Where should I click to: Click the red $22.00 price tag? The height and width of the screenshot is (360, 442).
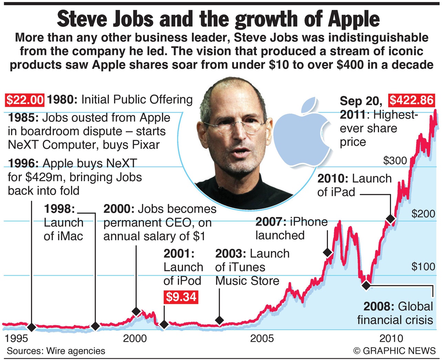point(25,100)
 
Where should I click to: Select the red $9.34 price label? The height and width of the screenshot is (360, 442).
point(181,297)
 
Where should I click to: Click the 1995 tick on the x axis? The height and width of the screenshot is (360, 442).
point(16,338)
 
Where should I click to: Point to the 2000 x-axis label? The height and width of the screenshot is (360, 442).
point(135,338)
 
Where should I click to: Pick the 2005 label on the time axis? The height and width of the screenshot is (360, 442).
point(262,338)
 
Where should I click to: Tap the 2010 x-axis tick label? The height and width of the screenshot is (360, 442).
point(391,338)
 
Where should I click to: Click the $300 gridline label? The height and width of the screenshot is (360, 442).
point(395,160)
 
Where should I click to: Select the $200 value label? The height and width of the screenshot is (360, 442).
point(423,214)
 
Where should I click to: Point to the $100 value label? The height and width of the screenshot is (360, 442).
point(423,266)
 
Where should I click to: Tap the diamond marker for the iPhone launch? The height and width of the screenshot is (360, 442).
point(328,252)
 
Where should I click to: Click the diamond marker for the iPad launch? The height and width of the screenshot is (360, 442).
point(390,219)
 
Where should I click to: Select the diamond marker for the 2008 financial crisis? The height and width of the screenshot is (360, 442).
point(366,285)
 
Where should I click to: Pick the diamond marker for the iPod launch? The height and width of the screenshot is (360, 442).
point(164,324)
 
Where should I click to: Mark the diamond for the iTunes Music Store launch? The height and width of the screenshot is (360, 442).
point(219,320)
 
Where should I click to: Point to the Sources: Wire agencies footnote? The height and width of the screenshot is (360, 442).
point(56,351)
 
